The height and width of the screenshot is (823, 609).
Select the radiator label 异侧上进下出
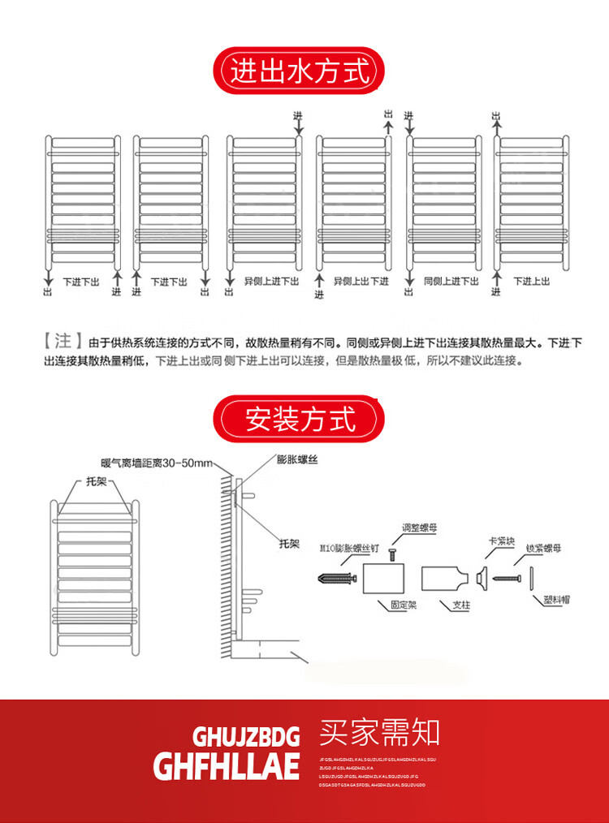point(272,281)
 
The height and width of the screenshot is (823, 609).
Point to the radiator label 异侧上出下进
point(361,281)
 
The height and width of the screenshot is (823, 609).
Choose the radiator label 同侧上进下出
point(451,281)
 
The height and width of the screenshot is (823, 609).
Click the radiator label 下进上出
point(531,281)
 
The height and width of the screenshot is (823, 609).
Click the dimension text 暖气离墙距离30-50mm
point(154,463)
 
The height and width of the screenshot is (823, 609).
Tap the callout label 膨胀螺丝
point(296,460)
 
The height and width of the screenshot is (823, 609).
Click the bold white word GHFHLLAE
point(227,765)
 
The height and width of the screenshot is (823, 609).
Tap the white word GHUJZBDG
point(246,736)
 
